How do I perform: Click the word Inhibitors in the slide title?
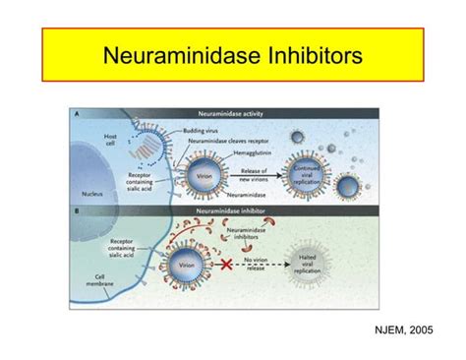coord(316,55)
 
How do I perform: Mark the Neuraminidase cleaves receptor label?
coord(225,141)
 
